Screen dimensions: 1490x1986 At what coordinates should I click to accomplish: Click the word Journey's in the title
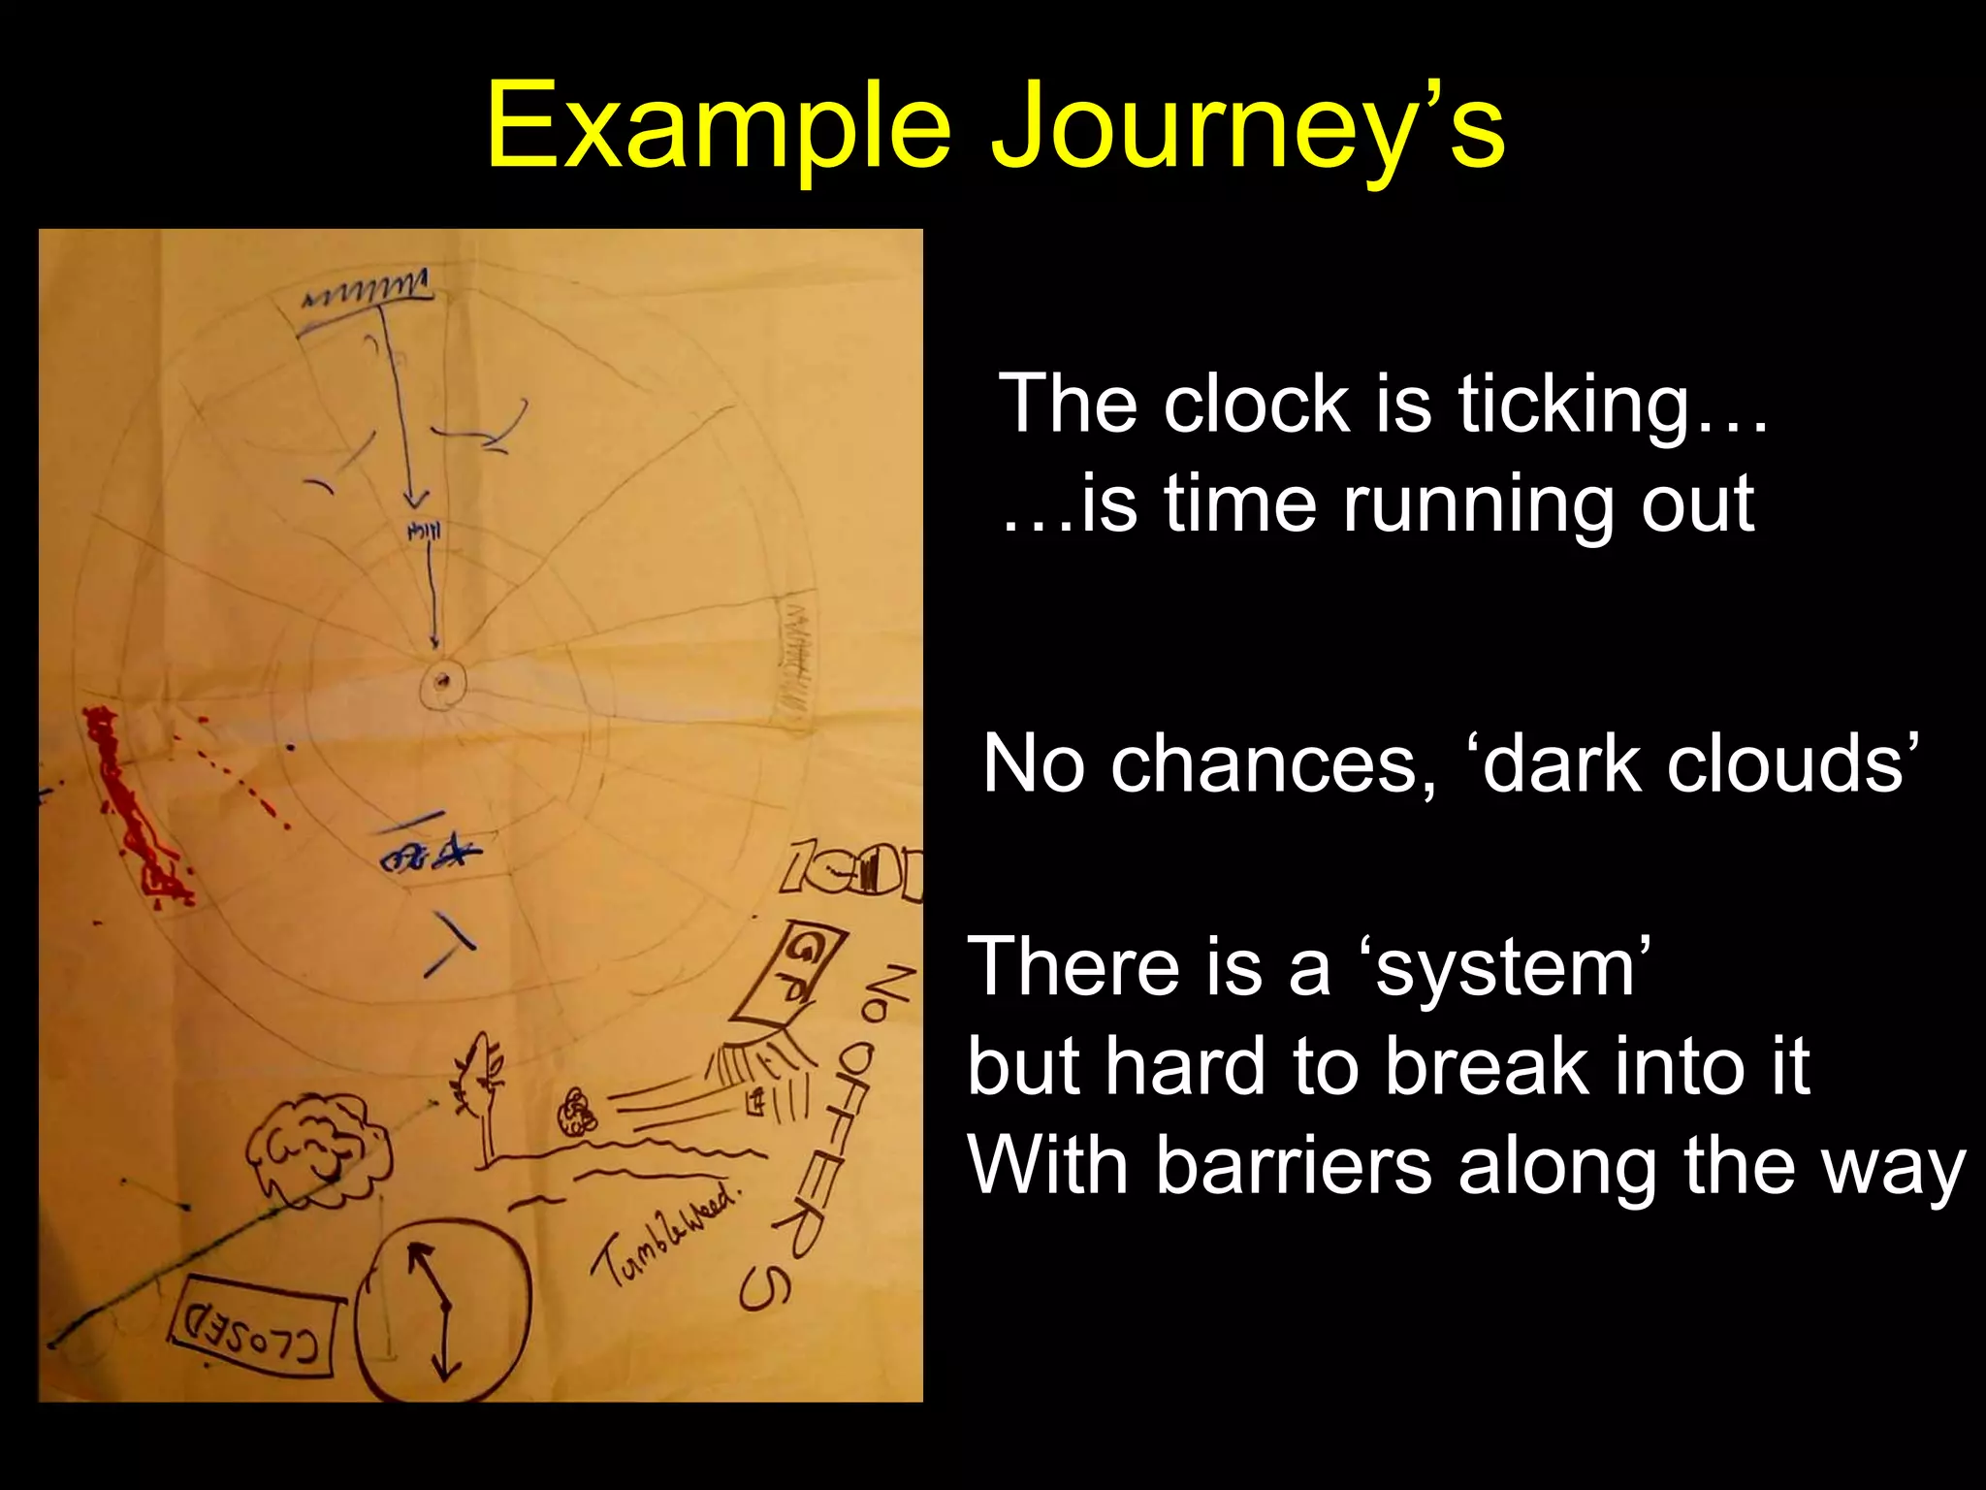pyautogui.click(x=1247, y=126)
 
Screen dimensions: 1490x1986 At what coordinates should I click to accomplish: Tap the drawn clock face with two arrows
pyautogui.click(x=442, y=1310)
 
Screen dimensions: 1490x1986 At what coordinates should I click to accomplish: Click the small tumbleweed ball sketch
pyautogui.click(x=577, y=1111)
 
